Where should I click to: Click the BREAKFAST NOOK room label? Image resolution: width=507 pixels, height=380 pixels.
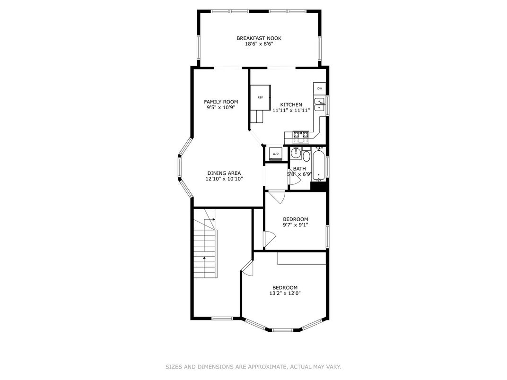259,38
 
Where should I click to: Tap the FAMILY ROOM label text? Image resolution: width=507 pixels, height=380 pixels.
221,102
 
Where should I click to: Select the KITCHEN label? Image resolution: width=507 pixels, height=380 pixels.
291,105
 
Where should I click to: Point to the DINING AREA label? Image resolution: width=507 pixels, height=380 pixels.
224,173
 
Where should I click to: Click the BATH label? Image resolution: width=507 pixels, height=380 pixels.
299,169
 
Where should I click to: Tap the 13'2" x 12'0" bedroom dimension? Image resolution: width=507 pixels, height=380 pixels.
285,294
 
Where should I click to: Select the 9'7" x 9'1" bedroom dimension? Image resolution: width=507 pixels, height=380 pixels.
296,225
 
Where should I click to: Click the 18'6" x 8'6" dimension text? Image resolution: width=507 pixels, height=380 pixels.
259,44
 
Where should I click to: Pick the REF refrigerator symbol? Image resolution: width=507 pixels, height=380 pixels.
260,97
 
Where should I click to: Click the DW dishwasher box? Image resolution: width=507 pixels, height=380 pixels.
319,88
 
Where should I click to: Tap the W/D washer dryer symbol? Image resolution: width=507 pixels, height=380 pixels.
275,154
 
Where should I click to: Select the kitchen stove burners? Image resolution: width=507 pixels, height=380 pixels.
301,137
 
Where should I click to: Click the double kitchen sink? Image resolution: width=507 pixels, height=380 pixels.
319,104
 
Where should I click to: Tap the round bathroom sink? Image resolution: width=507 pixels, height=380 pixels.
296,153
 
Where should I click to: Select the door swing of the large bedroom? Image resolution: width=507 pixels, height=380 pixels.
247,268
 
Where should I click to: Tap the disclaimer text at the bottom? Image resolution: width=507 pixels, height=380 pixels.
253,367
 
